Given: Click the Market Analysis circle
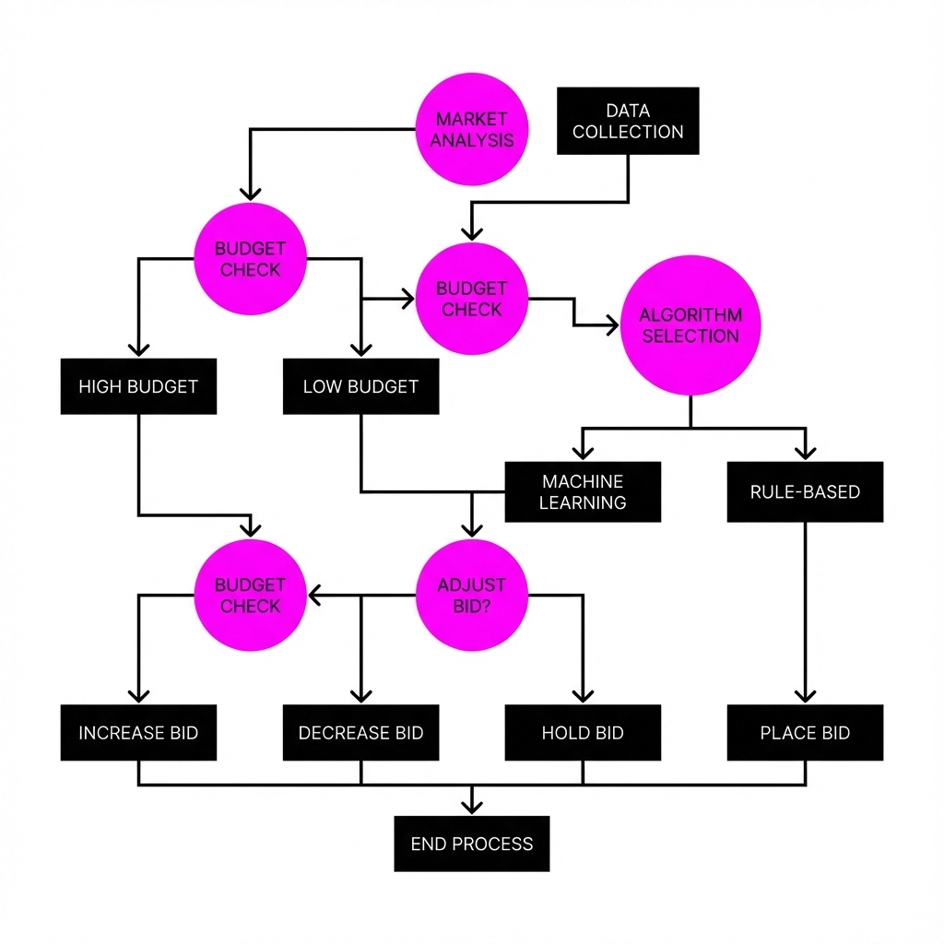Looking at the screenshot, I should (x=472, y=130).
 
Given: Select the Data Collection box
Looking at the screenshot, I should (x=628, y=121).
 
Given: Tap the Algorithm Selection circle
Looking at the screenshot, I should (x=690, y=325).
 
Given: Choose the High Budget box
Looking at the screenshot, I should (x=138, y=386).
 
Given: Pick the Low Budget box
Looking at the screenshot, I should (x=360, y=386).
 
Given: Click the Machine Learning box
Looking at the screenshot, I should (x=583, y=492).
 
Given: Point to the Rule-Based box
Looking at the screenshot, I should (x=805, y=492).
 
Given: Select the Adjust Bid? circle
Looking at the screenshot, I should (x=472, y=596).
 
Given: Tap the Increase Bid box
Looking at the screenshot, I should (x=138, y=733).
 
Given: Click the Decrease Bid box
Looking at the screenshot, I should (x=360, y=733).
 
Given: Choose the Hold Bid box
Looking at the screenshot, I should (x=583, y=733).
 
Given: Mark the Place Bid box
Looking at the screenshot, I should (x=805, y=733).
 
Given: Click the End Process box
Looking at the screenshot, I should (x=472, y=844).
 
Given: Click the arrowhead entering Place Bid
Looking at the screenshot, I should (x=805, y=697).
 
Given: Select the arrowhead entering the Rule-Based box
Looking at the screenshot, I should (x=805, y=453).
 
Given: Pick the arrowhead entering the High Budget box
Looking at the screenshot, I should (x=138, y=349).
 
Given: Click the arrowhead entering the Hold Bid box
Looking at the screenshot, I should (x=583, y=697).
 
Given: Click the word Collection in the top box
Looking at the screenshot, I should (x=628, y=132).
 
